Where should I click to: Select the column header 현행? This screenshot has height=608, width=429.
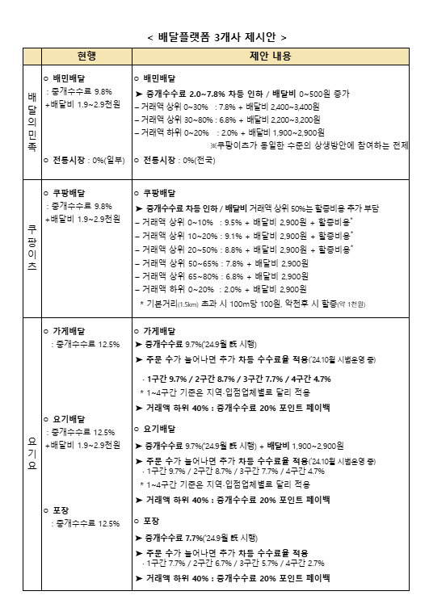pos(86,57)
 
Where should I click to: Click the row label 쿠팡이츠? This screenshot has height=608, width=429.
pos(32,243)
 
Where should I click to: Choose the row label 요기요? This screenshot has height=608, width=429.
pos(32,452)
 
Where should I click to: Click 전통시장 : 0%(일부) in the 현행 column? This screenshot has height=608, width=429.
pos(83,161)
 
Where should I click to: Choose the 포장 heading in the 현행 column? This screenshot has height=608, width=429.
pos(65,510)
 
